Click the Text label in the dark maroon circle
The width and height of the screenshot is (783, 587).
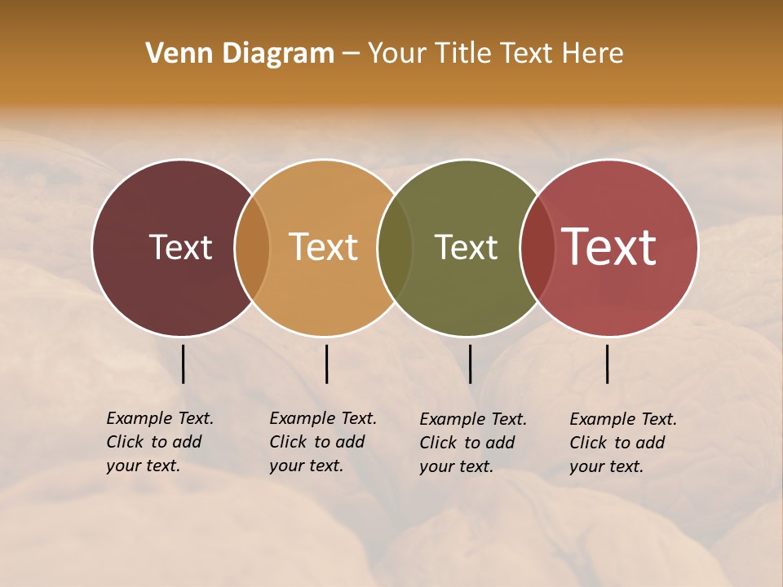click(180, 247)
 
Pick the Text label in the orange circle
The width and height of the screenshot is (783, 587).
click(324, 247)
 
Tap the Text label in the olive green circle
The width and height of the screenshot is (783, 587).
click(466, 247)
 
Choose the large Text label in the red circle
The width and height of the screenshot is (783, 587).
click(609, 247)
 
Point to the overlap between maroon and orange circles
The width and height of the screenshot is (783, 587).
click(252, 247)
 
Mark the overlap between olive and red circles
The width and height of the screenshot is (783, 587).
click(537, 247)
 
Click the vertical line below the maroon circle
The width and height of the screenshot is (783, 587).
click(184, 364)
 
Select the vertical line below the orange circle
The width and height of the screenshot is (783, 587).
click(326, 364)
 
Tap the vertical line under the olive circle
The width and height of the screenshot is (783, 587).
click(470, 364)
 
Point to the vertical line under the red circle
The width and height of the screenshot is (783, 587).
click(608, 364)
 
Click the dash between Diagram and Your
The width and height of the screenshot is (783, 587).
click(351, 54)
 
